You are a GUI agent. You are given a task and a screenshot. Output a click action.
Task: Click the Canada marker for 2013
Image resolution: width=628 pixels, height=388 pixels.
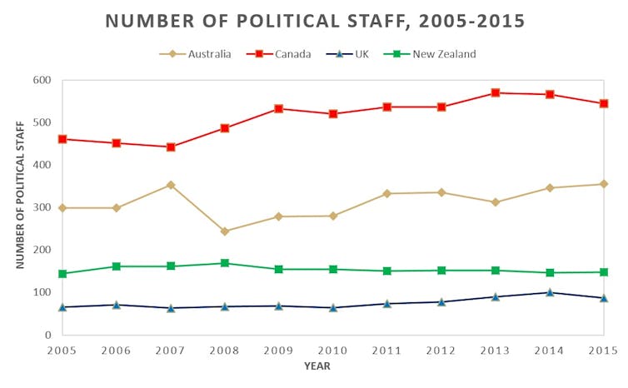496,92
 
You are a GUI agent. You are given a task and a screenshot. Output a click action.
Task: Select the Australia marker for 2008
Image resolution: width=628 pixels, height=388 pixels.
225,231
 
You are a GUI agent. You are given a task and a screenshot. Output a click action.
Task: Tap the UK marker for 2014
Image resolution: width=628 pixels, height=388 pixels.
550,292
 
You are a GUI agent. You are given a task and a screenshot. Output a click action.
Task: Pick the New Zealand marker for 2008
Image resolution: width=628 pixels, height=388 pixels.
225,263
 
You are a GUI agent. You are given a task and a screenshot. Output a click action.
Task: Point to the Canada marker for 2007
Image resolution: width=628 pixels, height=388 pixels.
171,147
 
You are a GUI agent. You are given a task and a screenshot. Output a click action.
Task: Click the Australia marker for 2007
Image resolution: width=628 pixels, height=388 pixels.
171,185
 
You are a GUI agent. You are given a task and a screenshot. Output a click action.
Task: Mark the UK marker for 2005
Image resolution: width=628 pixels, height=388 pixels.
62,306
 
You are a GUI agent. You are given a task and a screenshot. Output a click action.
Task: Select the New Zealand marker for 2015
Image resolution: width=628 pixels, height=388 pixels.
604,272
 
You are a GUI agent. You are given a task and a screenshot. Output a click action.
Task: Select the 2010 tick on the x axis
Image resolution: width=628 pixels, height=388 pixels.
333,351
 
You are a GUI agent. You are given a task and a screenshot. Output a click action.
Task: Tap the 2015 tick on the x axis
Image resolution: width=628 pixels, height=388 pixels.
604,351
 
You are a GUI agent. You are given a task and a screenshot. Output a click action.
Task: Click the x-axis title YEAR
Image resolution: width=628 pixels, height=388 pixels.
317,366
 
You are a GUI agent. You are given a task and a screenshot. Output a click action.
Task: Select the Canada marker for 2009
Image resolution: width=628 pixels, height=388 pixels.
279,108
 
